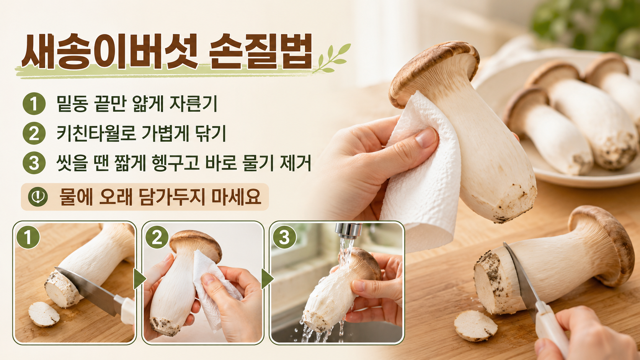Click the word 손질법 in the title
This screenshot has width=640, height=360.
click(x=261, y=52)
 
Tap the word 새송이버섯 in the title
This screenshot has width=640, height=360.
click(x=110, y=52)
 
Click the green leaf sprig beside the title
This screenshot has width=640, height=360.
click(x=331, y=58)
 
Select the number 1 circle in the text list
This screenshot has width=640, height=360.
click(x=34, y=104)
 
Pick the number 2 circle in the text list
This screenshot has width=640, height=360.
click(x=34, y=133)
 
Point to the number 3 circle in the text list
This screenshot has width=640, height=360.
click(x=34, y=163)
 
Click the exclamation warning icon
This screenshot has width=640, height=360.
click(x=38, y=197)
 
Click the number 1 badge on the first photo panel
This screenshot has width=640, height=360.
click(x=28, y=237)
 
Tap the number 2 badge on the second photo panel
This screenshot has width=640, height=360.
click(x=157, y=237)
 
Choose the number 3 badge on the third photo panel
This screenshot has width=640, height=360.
click(x=284, y=237)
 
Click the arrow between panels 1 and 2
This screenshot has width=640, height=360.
click(x=139, y=279)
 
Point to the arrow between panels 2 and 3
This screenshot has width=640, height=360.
click(x=267, y=279)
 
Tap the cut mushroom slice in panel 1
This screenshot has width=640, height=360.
click(x=44, y=314)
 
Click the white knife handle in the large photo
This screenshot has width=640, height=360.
click(x=550, y=328)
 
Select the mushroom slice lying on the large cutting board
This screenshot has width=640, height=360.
click(x=476, y=326)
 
